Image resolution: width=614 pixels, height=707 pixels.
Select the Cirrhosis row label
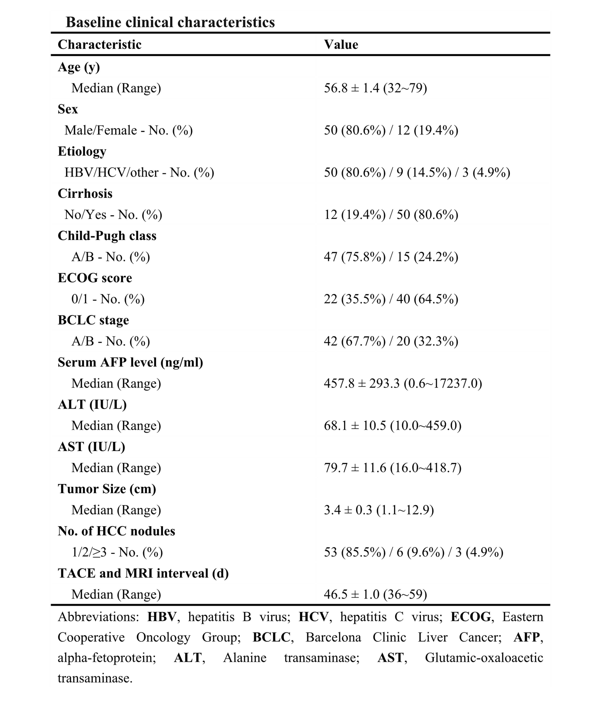click(85, 194)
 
